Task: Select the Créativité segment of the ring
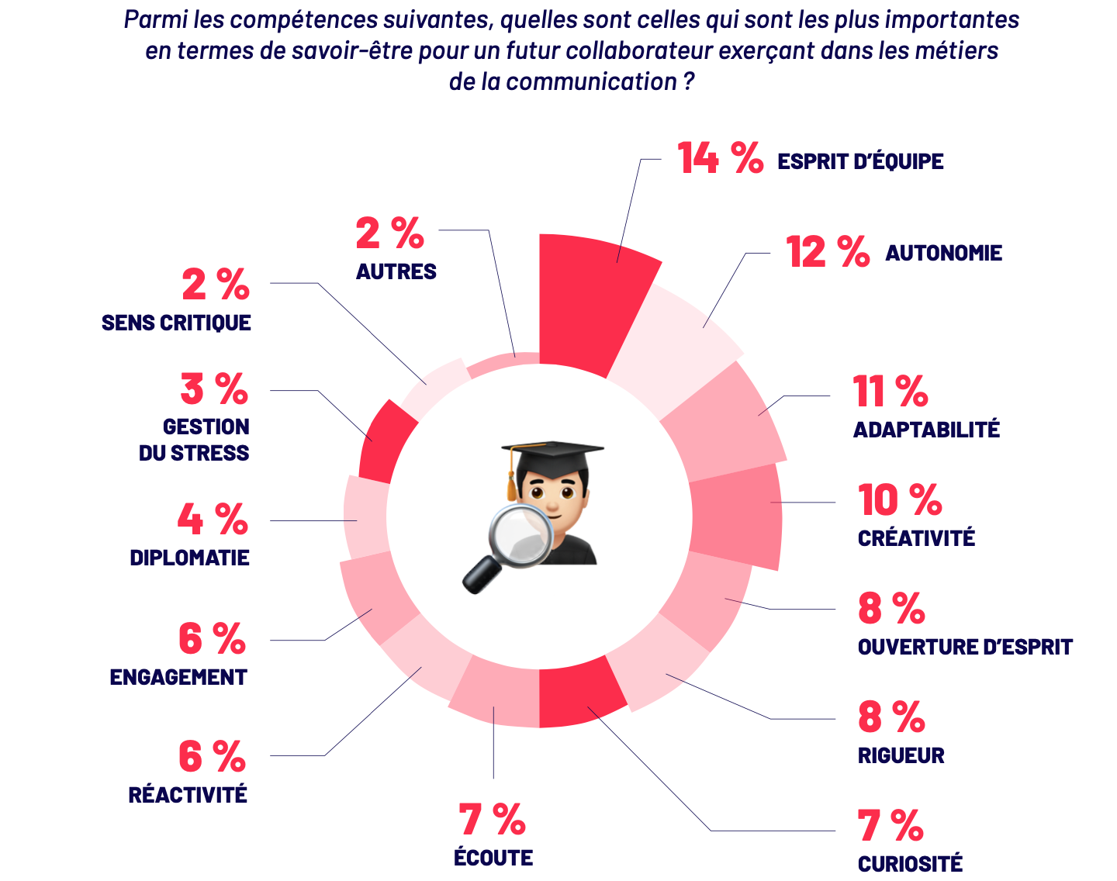(x=737, y=516)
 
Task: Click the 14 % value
(x=720, y=158)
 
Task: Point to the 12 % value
(x=827, y=252)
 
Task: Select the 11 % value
(x=890, y=391)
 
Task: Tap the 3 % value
(x=214, y=389)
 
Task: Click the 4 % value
(x=213, y=520)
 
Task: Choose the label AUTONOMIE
(x=944, y=254)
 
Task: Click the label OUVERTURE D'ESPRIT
(x=965, y=647)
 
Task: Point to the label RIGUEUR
(x=901, y=755)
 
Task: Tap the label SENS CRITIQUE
(x=176, y=323)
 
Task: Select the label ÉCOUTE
(x=493, y=858)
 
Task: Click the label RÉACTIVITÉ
(x=188, y=795)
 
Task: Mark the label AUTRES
(x=396, y=271)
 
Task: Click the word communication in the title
(x=592, y=81)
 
